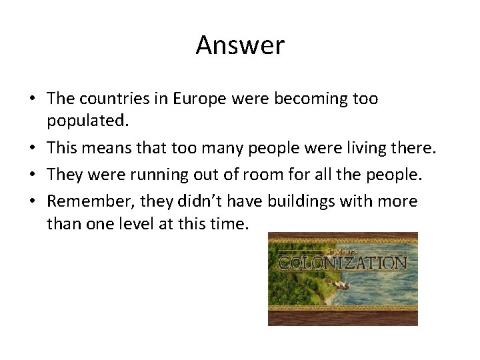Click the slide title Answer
(240, 45)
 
